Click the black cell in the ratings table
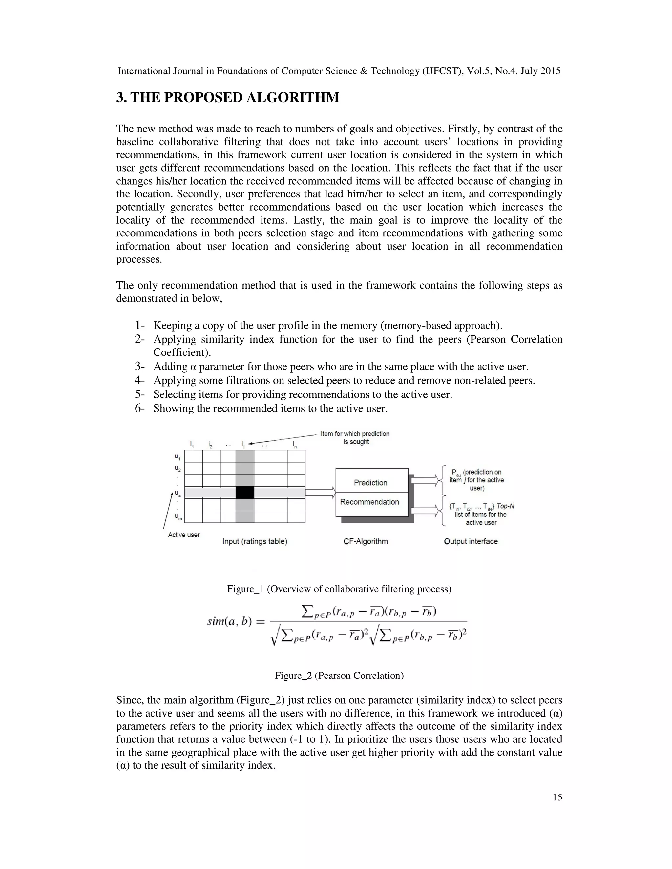click(x=245, y=492)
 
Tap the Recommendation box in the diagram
click(x=369, y=502)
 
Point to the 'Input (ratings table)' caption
click(x=255, y=541)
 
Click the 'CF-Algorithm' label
click(x=366, y=541)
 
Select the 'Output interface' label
click(x=471, y=541)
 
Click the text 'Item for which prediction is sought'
click(x=355, y=438)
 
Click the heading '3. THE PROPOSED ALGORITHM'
click(x=228, y=97)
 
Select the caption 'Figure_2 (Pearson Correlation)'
click(x=339, y=676)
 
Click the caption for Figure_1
click(x=339, y=589)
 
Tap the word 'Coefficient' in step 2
click(x=181, y=353)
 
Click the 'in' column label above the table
click(x=295, y=444)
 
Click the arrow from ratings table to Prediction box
click(x=321, y=493)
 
